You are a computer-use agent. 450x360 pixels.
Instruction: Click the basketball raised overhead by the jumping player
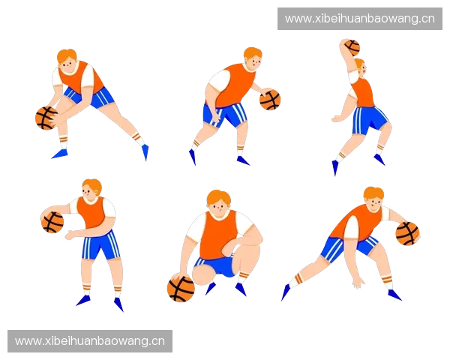[x=352, y=48]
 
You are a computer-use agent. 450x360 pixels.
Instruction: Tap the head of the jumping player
[x=360, y=67]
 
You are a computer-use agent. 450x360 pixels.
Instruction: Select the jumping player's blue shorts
[x=369, y=119]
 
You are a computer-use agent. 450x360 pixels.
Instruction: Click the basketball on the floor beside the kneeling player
[x=181, y=287]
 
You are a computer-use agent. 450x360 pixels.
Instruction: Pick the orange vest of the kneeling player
[x=219, y=235]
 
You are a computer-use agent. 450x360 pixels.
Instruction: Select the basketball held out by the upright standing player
[x=52, y=222]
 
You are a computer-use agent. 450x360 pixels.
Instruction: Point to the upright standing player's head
[x=91, y=190]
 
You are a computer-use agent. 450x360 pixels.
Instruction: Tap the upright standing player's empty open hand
[x=70, y=235]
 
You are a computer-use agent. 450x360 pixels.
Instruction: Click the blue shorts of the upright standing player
[x=100, y=245]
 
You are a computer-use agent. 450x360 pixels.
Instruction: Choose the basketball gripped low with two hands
[x=46, y=118]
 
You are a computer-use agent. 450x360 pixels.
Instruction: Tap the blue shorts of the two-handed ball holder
[x=89, y=97]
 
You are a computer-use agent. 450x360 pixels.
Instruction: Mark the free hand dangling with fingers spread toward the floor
[x=358, y=283]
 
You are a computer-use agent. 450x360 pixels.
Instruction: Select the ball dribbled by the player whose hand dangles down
[x=407, y=234]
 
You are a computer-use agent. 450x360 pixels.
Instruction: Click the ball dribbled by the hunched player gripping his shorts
[x=270, y=100]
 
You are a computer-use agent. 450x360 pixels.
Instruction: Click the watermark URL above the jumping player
[x=359, y=19]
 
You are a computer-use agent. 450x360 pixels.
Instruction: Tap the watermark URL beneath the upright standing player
[x=90, y=341]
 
